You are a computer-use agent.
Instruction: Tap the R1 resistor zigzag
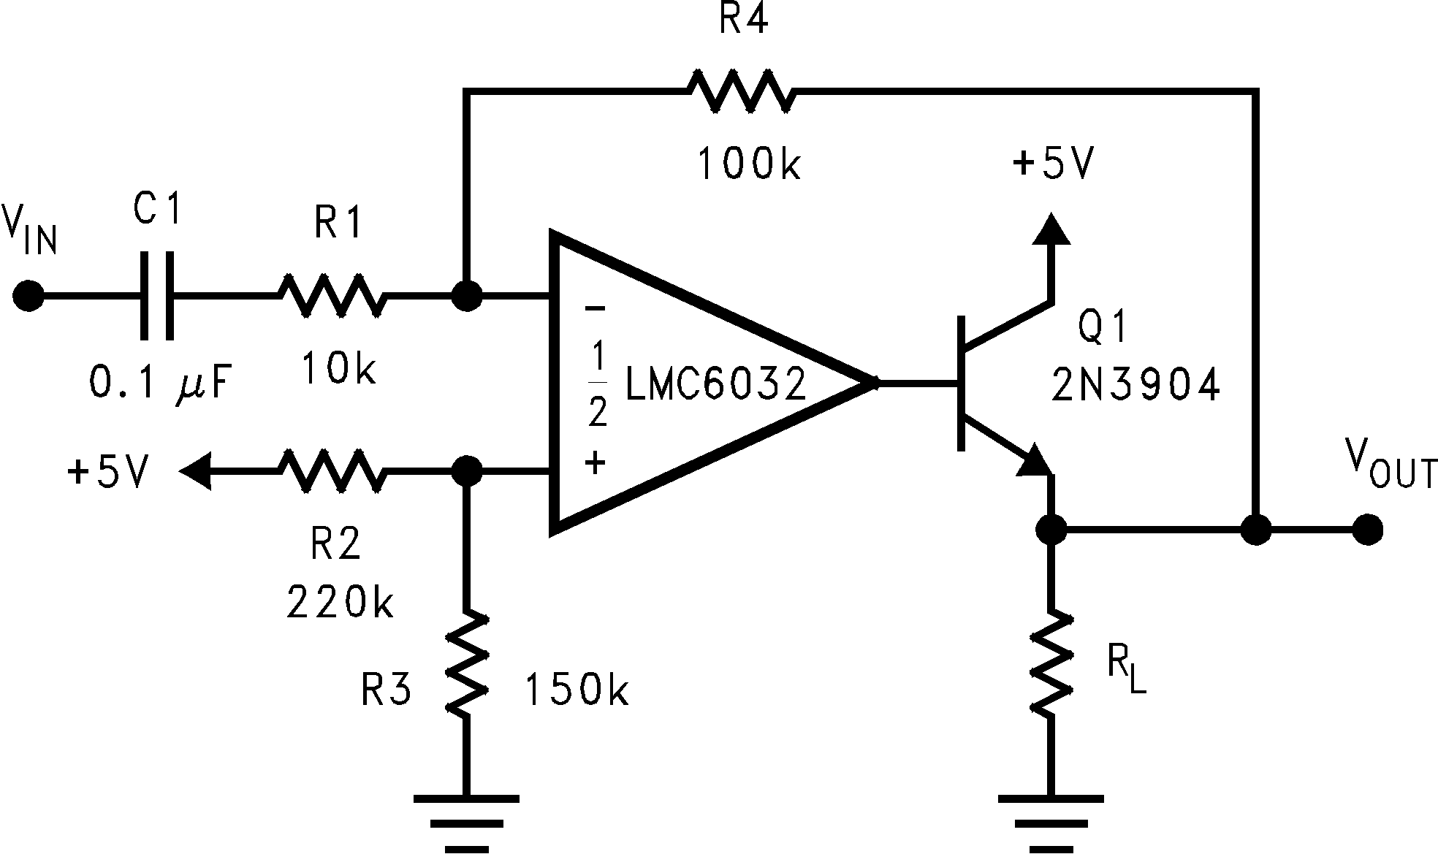click(x=331, y=296)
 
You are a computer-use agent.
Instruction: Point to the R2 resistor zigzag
click(x=331, y=471)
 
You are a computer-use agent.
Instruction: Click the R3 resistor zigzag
click(x=465, y=663)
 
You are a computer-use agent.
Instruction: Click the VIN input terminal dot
click(x=28, y=296)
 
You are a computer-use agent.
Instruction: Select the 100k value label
click(x=749, y=164)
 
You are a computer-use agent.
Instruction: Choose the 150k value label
click(x=577, y=690)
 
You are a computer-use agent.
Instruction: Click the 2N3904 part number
click(x=1135, y=385)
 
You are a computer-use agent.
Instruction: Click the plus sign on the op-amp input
click(x=596, y=462)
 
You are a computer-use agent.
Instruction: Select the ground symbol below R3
click(x=465, y=822)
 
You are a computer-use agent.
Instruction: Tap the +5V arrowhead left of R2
click(x=195, y=471)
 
